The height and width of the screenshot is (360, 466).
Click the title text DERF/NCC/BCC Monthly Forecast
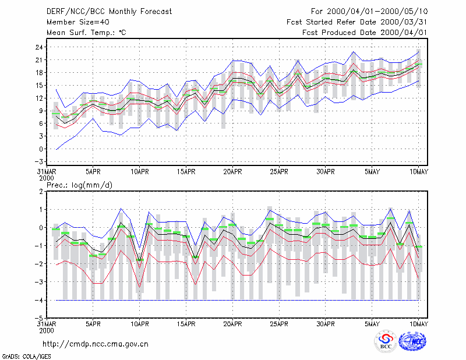(x=109, y=12)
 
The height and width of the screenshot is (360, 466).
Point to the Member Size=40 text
(x=78, y=22)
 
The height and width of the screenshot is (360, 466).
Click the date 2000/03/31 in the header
(x=404, y=22)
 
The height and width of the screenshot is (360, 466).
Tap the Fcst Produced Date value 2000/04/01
(x=404, y=33)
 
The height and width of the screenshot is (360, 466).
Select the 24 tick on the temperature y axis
(x=40, y=47)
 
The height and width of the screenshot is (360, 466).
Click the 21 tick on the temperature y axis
(x=40, y=60)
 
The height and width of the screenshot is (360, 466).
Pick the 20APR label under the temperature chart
(x=232, y=172)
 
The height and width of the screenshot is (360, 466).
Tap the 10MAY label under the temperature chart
(x=418, y=172)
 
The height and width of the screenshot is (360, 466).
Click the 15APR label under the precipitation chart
(x=186, y=324)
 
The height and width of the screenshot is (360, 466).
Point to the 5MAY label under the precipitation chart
(x=372, y=324)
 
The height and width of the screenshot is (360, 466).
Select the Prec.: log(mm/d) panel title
(x=79, y=185)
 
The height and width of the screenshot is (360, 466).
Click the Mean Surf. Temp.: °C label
(x=86, y=33)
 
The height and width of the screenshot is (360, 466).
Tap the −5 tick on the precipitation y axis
(x=38, y=319)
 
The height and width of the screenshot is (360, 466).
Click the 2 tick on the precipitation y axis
(x=41, y=192)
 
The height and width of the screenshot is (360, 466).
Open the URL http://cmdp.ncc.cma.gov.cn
(x=96, y=344)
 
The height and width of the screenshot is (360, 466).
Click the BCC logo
(x=386, y=341)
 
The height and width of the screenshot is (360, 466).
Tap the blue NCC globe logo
(x=412, y=341)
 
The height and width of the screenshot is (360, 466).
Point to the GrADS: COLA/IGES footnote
(x=26, y=357)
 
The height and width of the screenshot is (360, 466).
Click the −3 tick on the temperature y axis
(x=38, y=162)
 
